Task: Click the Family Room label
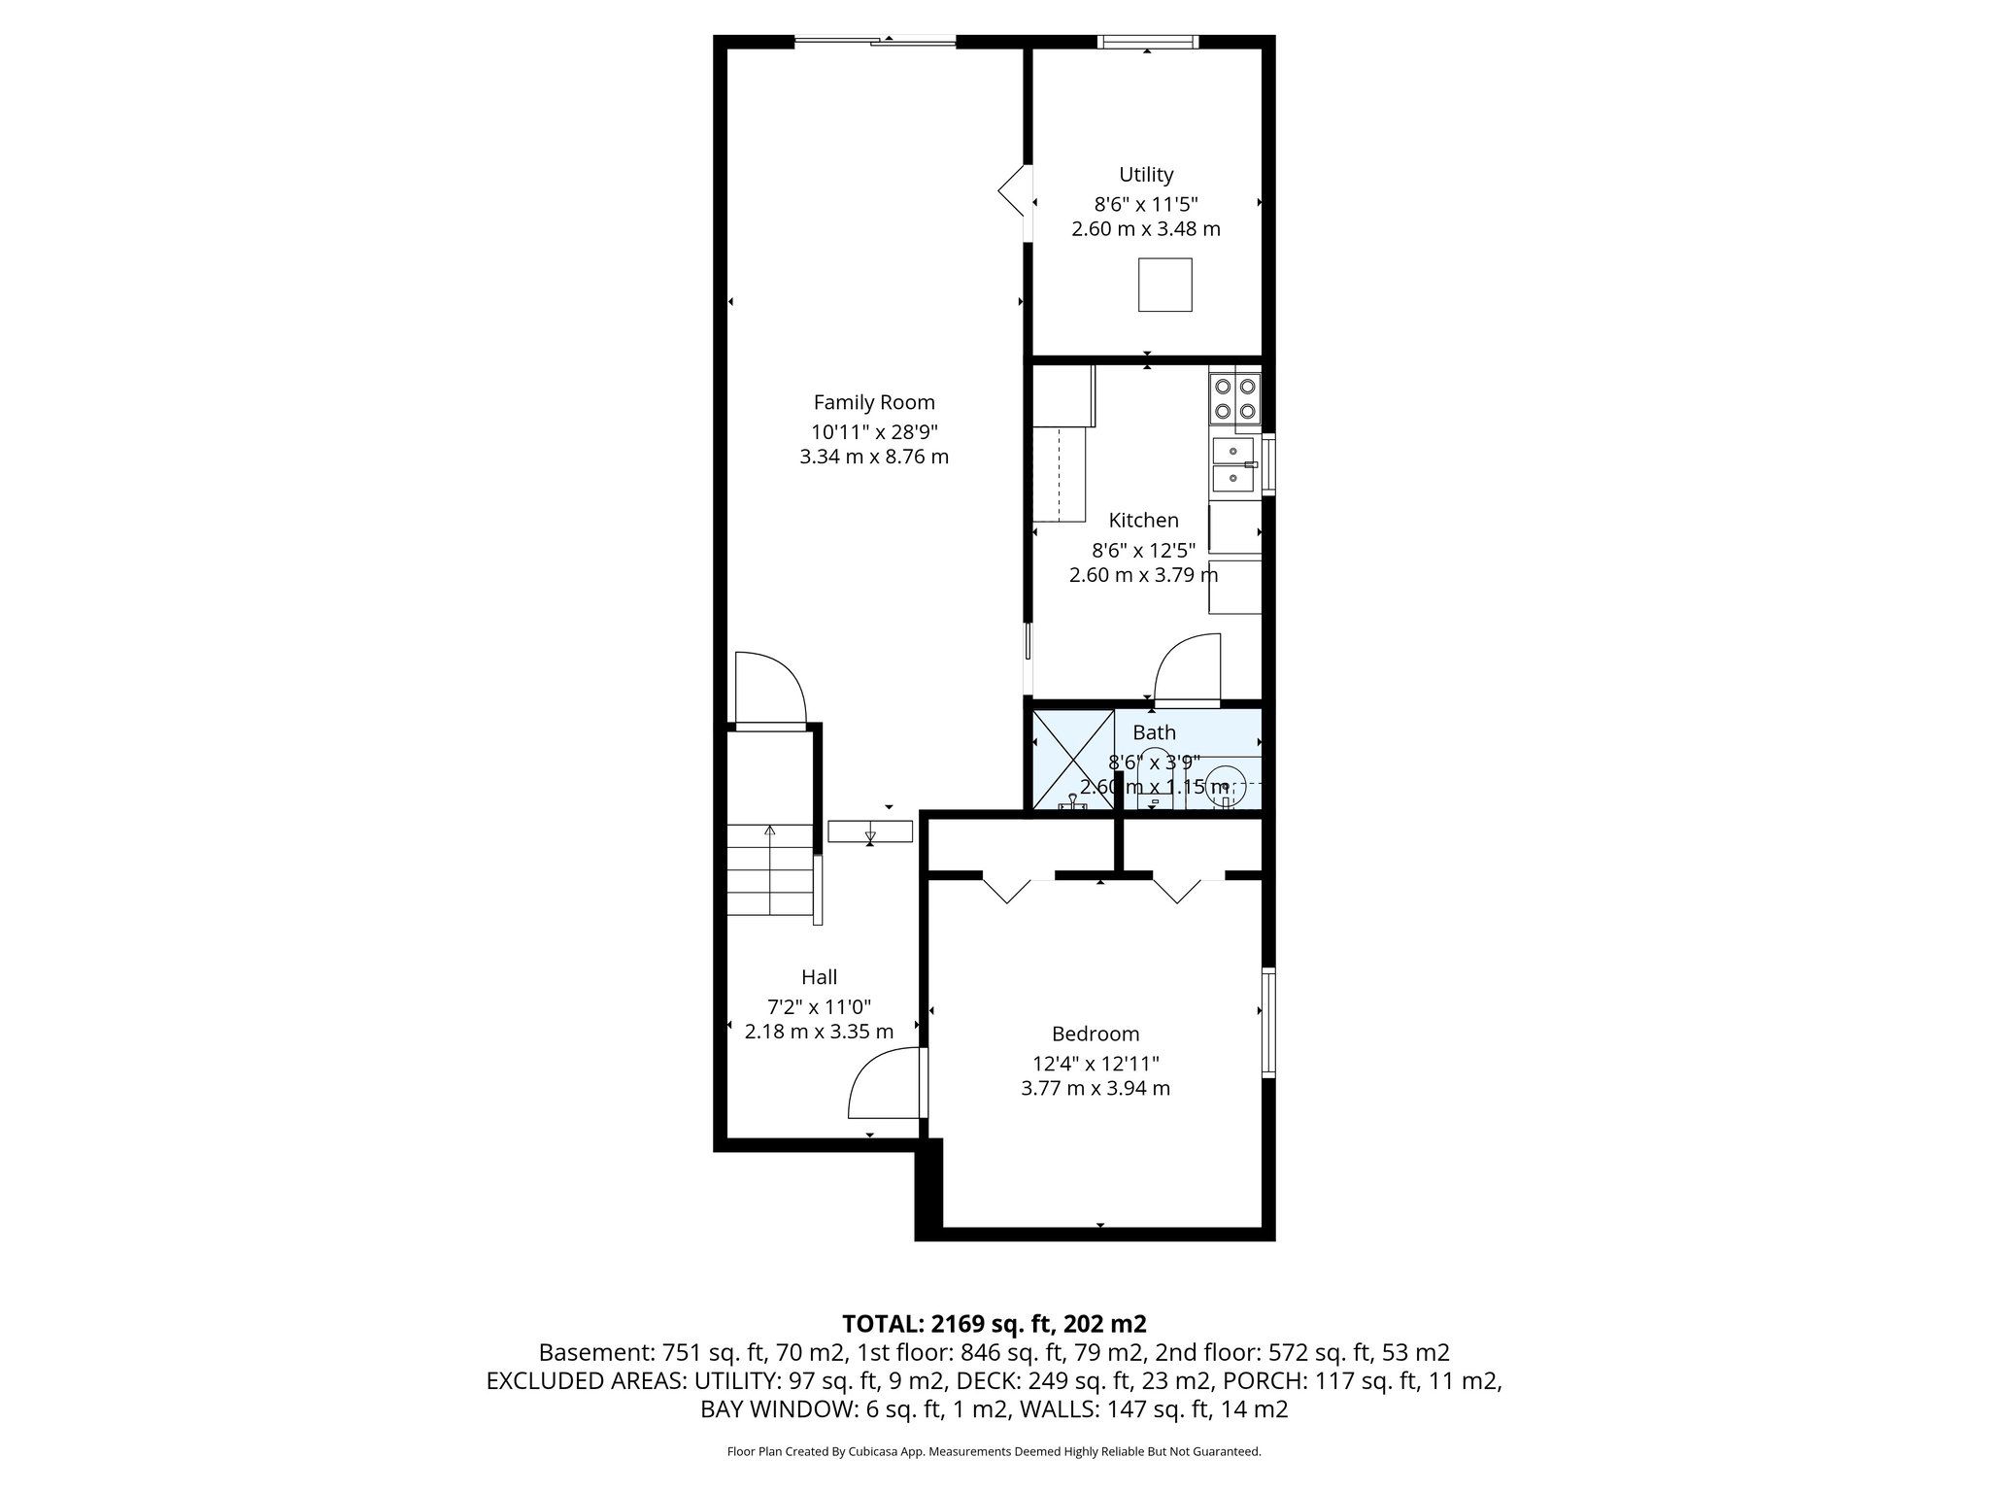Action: click(874, 402)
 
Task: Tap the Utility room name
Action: click(1146, 175)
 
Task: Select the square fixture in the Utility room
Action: click(1165, 285)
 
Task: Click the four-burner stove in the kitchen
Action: click(1234, 399)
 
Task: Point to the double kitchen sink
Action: click(1233, 464)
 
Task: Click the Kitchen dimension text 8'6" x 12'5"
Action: click(1144, 550)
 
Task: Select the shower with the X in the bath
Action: click(1073, 759)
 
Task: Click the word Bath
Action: click(1154, 732)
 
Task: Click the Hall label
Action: click(819, 977)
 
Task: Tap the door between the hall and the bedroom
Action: click(886, 1083)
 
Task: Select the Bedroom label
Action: click(1096, 1034)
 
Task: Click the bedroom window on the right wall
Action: click(1268, 1023)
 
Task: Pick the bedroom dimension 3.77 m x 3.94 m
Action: click(1096, 1088)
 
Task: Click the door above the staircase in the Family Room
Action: click(770, 690)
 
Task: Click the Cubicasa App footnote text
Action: click(994, 1452)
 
